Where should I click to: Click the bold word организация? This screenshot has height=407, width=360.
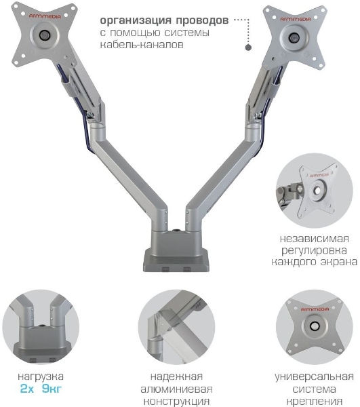(x=136, y=20)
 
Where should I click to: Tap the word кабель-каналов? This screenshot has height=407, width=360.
(x=142, y=45)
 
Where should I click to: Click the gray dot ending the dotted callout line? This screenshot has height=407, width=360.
(x=248, y=47)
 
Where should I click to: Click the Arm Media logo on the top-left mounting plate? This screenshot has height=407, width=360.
(x=45, y=16)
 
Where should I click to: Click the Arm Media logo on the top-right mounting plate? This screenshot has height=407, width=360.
(x=296, y=19)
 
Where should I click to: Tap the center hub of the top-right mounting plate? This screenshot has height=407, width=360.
(x=294, y=37)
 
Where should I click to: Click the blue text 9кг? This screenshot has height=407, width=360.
(x=52, y=389)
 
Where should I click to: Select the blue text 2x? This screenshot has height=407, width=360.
(x=27, y=389)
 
